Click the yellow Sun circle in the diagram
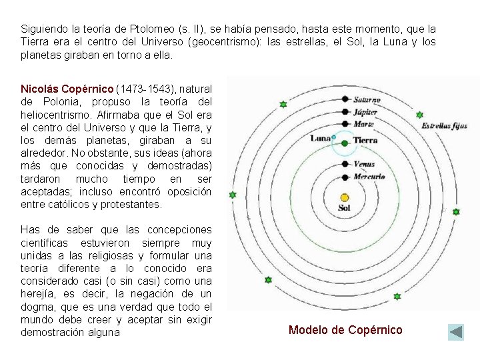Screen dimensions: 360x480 coord(345,197)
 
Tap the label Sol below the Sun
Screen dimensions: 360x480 coord(345,208)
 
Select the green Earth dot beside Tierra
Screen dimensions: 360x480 coord(345,142)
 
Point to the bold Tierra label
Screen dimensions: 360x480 coord(365,141)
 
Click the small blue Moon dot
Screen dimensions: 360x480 coord(333,138)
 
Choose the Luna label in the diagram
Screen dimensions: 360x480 coord(320,138)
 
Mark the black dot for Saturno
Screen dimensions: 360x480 coord(345,99)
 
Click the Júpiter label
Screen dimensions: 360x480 coord(366,112)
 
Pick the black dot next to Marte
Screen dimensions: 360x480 coord(345,123)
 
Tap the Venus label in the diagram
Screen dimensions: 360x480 coord(365,164)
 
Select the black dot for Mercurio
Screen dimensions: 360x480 coord(345,177)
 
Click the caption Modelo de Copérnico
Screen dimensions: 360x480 coord(345,330)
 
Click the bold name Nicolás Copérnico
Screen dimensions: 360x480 coord(67,89)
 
